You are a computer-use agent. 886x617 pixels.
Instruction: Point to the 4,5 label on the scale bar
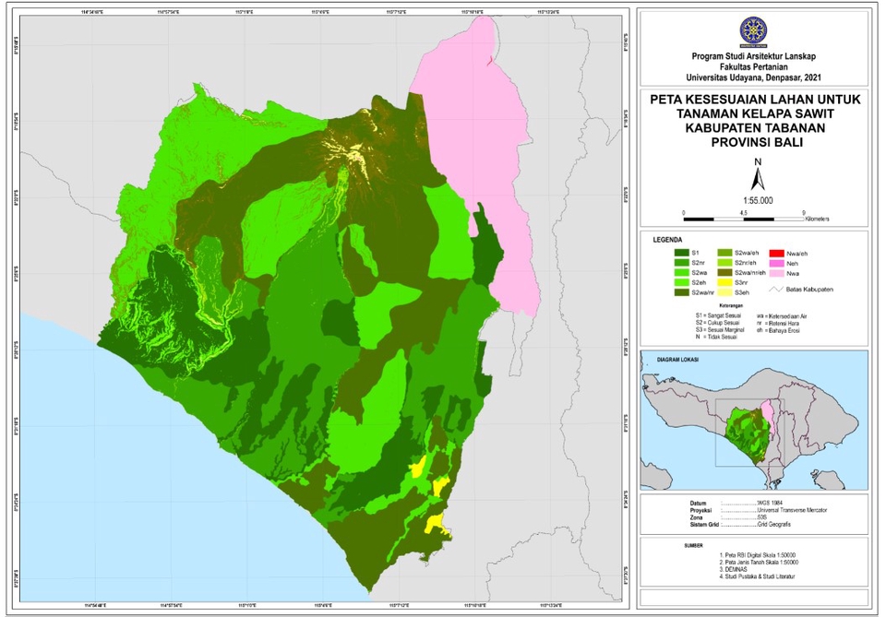744,212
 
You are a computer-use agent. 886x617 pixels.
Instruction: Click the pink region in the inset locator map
769,427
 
